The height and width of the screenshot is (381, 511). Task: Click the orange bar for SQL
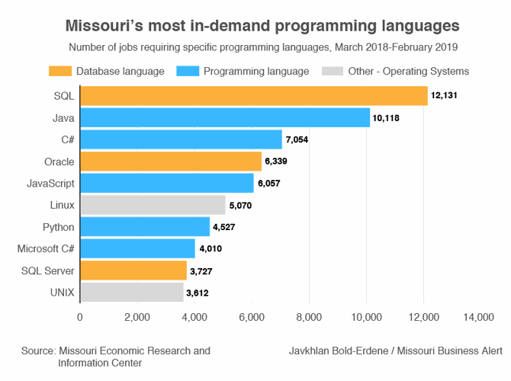pyautogui.click(x=253, y=96)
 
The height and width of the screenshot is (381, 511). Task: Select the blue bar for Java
pyautogui.click(x=225, y=118)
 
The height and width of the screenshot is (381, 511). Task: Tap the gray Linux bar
pyautogui.click(x=153, y=205)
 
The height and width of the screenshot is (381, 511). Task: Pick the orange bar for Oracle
pyautogui.click(x=171, y=162)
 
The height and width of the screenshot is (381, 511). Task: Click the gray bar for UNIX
pyautogui.click(x=132, y=292)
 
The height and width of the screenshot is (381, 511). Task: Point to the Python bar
pyautogui.click(x=145, y=227)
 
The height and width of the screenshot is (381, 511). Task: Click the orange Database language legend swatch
pyautogui.click(x=56, y=72)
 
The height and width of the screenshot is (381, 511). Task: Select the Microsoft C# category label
pyautogui.click(x=45, y=248)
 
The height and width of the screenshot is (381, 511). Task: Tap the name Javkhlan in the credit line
pyautogui.click(x=313, y=351)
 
